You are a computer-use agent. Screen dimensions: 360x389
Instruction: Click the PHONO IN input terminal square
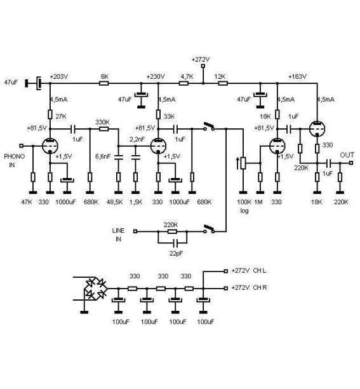pyautogui.click(x=22, y=146)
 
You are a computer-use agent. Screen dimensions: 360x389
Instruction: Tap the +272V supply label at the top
pyautogui.click(x=201, y=60)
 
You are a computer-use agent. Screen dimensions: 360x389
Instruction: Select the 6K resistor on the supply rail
pyautogui.click(x=104, y=83)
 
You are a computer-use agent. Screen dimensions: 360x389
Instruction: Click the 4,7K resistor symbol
pyautogui.click(x=183, y=83)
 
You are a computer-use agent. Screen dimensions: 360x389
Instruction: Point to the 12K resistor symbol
pyautogui.click(x=223, y=83)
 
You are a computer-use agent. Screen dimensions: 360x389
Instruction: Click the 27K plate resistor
pyautogui.click(x=50, y=114)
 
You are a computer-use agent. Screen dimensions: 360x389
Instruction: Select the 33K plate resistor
pyautogui.click(x=158, y=114)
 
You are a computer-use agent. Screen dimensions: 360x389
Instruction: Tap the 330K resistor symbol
pyautogui.click(x=104, y=129)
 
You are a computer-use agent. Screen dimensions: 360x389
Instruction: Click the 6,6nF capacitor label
pyautogui.click(x=103, y=156)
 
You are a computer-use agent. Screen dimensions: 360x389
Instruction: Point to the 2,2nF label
pyautogui.click(x=137, y=139)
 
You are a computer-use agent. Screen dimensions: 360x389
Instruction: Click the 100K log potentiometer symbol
pyautogui.click(x=243, y=163)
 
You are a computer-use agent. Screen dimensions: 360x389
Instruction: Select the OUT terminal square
pyautogui.click(x=351, y=163)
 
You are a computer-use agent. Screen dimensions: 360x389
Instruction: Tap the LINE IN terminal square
pyautogui.click(x=135, y=231)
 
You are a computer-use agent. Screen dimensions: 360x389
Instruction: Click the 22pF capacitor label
pyautogui.click(x=176, y=254)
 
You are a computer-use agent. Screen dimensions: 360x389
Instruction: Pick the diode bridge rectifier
pyautogui.click(x=95, y=289)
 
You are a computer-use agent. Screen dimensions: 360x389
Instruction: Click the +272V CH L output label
pyautogui.click(x=249, y=271)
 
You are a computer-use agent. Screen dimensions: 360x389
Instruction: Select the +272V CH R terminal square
pyautogui.click(x=225, y=289)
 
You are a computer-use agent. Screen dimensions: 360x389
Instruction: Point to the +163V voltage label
pyautogui.click(x=297, y=76)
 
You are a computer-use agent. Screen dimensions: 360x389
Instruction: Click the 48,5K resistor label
pyautogui.click(x=115, y=202)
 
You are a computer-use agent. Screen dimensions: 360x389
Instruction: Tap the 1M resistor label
pyautogui.click(x=258, y=202)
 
